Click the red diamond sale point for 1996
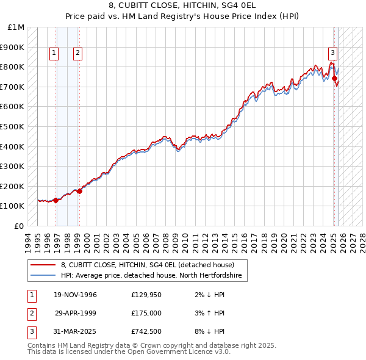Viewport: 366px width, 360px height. (56, 200)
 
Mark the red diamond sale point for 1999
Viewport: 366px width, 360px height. (79, 191)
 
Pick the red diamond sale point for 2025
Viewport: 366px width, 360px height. (335, 78)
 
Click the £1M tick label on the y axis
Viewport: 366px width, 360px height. (16, 27)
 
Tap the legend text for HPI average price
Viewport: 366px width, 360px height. (151, 276)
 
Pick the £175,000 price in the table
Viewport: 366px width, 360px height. (146, 313)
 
